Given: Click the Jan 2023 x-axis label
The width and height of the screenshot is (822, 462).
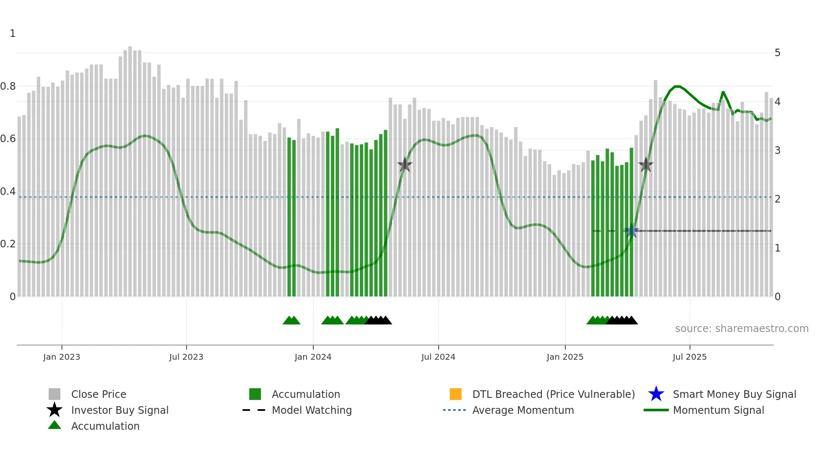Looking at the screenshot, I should pos(62,357).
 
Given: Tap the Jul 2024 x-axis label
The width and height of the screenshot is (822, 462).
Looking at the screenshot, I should pos(438,357).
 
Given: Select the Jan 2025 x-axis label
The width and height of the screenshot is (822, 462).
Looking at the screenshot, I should pos(565,357).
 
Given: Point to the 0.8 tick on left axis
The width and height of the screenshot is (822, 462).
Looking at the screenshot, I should pos(8,86).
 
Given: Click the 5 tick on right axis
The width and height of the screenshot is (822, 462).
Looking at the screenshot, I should pos(778,53).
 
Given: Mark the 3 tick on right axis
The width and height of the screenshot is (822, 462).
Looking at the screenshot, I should pos(778,150).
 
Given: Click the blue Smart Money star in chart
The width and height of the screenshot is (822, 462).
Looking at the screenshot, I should pos(632,231).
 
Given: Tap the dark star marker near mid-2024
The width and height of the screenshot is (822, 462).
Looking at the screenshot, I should pos(405,165).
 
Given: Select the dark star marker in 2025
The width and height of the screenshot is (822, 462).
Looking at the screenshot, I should pos(646,165).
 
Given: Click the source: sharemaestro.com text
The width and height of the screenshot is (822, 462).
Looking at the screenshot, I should pos(741,329).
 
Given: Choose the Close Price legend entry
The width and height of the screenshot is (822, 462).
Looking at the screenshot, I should pos(99,394).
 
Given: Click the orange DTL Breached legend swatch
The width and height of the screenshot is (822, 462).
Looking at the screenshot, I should pos(455,394).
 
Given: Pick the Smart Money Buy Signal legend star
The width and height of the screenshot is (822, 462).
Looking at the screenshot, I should pos(656,394).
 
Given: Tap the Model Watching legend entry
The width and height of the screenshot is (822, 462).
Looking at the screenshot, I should pos(312,410).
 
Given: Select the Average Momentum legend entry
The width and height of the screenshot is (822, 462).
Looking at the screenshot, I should pos(523,410).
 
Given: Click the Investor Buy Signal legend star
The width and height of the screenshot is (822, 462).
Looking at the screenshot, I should pos(55,410).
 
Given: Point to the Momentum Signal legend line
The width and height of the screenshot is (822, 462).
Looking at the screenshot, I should pos(656,410).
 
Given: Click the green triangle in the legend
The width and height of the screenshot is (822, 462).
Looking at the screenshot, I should pos(55,425).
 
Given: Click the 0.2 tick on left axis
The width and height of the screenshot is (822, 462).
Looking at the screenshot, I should pos(8,244).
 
